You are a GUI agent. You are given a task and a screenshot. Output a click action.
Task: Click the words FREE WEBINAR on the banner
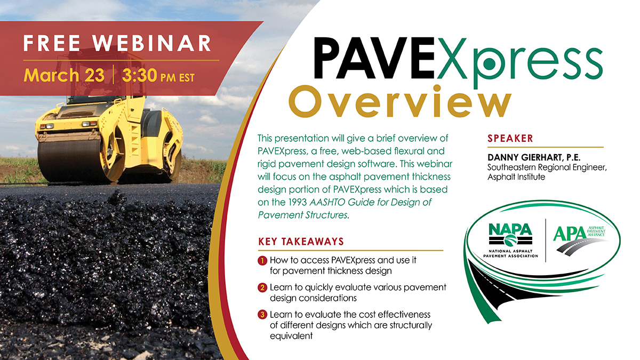coord(117,43)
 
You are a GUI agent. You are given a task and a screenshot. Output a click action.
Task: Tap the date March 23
coord(64,75)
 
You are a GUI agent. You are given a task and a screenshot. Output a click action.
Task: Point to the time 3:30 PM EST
coord(158,76)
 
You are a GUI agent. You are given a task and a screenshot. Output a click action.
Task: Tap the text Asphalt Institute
coord(516,177)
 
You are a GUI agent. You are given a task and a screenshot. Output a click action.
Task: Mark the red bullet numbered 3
coord(262,315)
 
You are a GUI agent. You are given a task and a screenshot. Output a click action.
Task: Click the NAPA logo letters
coord(510,230)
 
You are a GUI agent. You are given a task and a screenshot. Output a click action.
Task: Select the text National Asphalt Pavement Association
coord(510,253)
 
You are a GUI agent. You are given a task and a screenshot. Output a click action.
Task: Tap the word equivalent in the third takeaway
coord(291,336)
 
